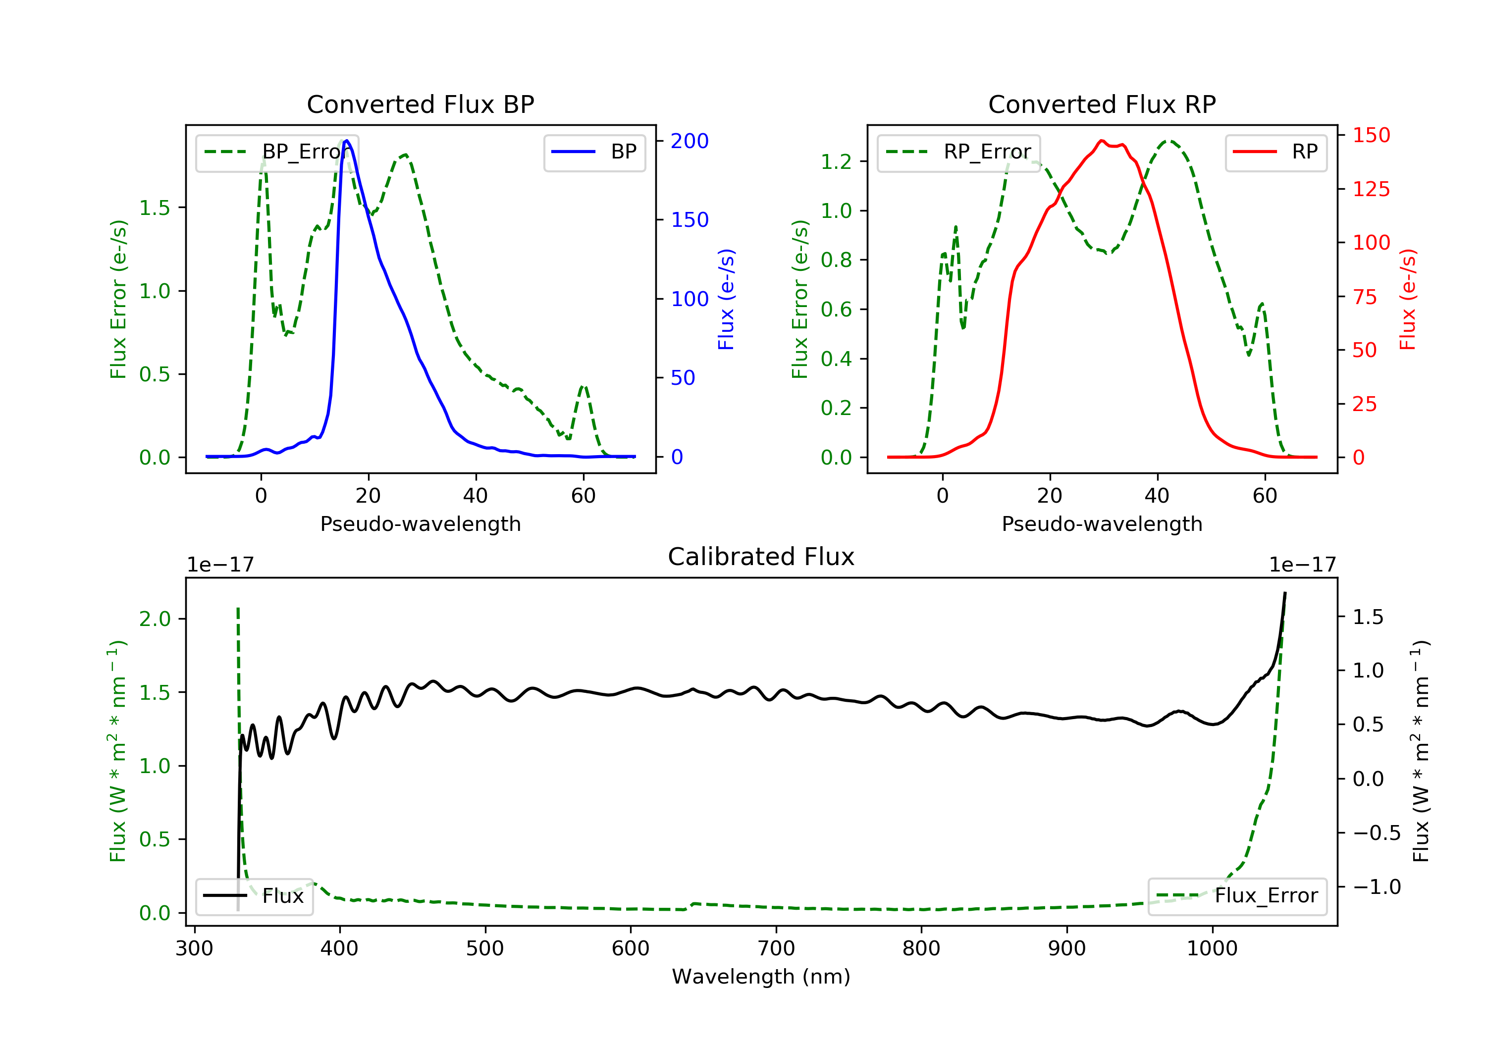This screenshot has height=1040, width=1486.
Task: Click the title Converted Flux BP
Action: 420,104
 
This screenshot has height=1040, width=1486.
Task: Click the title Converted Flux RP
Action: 1102,104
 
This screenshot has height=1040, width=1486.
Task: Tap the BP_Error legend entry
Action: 277,152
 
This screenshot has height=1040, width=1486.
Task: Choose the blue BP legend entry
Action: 594,152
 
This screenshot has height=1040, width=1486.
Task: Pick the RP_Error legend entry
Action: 958,152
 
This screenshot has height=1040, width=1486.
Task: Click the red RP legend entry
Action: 1275,152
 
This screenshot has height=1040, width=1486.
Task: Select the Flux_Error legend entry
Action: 1237,896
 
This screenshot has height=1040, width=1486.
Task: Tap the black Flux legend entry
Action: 255,896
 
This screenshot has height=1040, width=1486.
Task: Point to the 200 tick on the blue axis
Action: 690,141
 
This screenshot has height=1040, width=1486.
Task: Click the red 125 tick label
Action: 1371,189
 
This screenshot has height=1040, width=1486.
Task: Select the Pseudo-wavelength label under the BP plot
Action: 420,523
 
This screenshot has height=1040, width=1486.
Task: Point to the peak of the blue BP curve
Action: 347,141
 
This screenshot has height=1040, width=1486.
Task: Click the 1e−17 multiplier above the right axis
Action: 1302,565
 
